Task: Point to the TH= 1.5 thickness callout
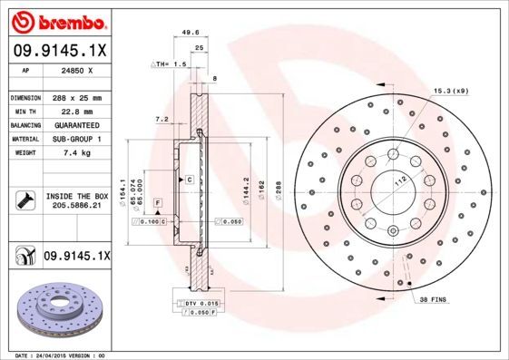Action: coord(170,65)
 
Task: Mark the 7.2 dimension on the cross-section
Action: coord(162,119)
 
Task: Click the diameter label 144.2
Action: coord(245,187)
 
